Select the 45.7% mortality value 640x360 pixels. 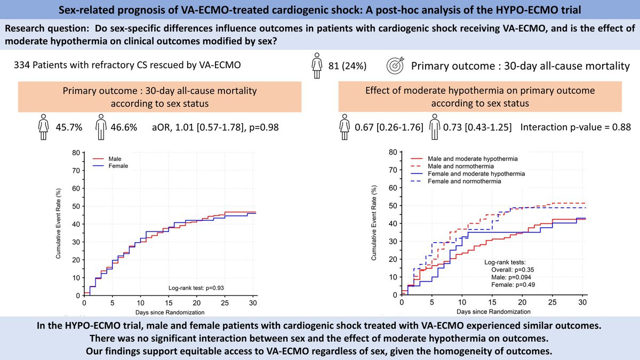pyautogui.click(x=69, y=127)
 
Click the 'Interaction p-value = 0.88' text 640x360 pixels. pyautogui.click(x=575, y=127)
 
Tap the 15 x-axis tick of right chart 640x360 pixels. pyautogui.click(x=491, y=302)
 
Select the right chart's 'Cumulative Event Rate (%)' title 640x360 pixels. pyautogui.click(x=374, y=223)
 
